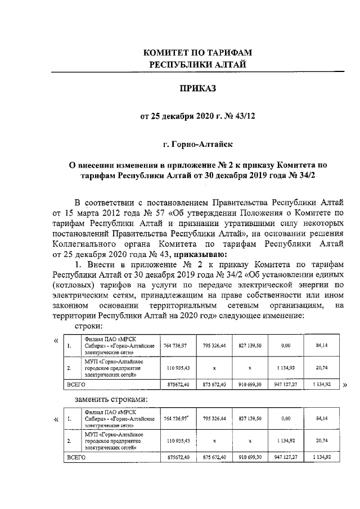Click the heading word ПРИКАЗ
pos(197,88)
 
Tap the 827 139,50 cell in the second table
pos(250,419)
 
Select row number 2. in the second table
pos(69,442)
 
